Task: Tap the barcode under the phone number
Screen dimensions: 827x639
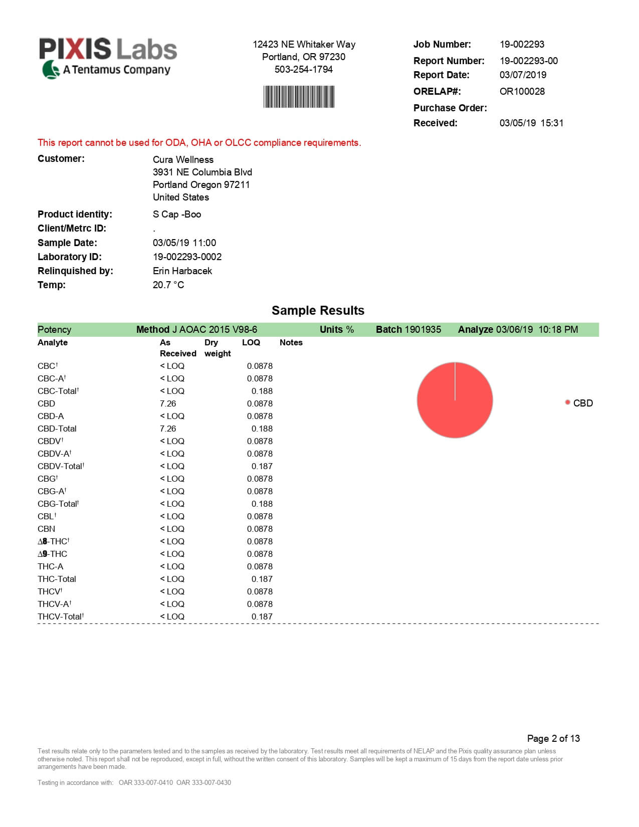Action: tap(299, 97)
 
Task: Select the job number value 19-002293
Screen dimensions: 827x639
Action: tap(522, 44)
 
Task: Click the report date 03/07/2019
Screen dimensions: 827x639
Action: tap(523, 75)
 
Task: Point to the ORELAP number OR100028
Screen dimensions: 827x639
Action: tap(522, 91)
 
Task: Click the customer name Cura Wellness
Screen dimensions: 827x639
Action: tap(183, 159)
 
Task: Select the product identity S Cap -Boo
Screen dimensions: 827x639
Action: tap(177, 214)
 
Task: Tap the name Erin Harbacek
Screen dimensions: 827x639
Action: tap(182, 271)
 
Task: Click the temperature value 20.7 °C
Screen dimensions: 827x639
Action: tap(168, 285)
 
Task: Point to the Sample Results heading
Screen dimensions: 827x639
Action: tap(318, 310)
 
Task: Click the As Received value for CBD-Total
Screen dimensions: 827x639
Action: tap(168, 429)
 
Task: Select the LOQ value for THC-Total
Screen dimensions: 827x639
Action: tap(262, 579)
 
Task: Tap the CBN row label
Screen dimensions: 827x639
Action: tap(46, 529)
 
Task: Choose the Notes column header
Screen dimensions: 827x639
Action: tap(291, 342)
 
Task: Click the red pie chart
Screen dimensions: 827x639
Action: tap(455, 400)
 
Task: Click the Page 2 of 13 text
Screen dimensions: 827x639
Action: tap(553, 738)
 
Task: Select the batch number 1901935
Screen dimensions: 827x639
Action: tap(422, 329)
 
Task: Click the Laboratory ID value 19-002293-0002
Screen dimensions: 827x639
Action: tap(187, 257)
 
